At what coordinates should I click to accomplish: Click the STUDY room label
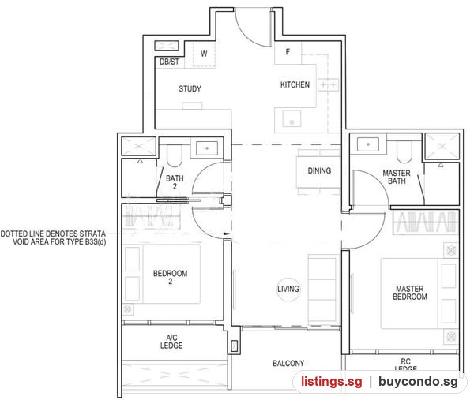click(190, 88)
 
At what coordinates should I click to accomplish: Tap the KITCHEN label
click(295, 85)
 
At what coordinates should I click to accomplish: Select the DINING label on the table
click(319, 171)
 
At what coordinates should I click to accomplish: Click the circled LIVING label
click(288, 290)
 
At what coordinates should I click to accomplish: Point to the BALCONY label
click(288, 364)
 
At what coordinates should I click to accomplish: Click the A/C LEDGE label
click(171, 342)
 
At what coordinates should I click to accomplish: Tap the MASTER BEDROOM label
click(410, 293)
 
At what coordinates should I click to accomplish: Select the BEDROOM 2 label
click(170, 278)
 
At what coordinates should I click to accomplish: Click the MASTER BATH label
click(397, 178)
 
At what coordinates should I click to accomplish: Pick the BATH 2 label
click(175, 182)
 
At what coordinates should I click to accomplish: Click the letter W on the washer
click(204, 54)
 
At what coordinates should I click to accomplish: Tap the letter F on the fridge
click(288, 52)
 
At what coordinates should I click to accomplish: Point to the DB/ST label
click(169, 62)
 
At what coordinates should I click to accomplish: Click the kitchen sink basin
click(292, 118)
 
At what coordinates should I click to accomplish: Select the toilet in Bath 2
click(174, 155)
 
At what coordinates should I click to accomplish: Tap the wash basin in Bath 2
click(207, 148)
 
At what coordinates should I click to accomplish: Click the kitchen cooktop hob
click(328, 85)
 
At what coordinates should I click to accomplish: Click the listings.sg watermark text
click(331, 382)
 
